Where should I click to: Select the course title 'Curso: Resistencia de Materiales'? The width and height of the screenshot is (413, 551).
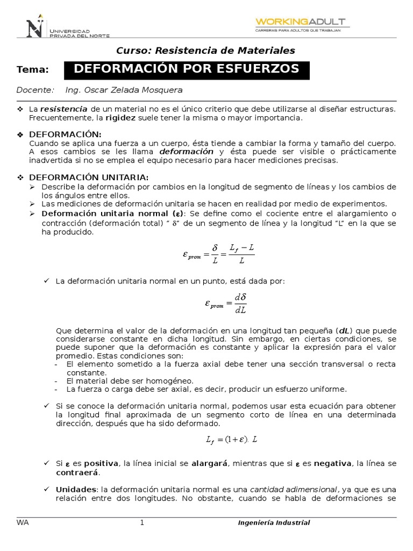(206, 51)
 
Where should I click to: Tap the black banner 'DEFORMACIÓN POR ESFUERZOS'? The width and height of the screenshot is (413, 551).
(187, 69)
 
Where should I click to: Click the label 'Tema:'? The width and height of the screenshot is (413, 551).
(33, 69)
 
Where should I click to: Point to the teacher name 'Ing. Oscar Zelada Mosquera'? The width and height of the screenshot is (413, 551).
(124, 90)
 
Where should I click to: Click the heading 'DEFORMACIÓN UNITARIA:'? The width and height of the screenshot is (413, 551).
(89, 178)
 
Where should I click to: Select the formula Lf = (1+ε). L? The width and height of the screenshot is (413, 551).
(232, 440)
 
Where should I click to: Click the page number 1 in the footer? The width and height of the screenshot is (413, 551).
(142, 522)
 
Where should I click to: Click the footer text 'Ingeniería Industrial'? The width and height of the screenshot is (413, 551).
(274, 522)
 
